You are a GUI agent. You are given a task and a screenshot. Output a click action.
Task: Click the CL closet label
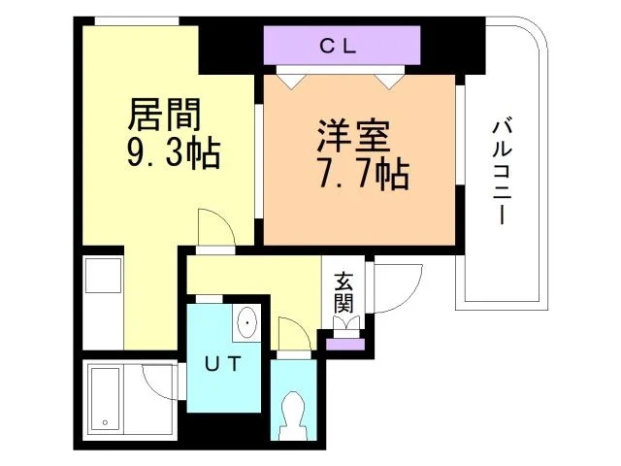coord(340,45)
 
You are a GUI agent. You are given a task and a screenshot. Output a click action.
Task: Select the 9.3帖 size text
coord(173,153)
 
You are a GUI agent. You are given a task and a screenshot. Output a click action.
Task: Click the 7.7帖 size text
coord(361,175)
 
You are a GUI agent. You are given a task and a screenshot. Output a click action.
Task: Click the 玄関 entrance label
coord(344,294)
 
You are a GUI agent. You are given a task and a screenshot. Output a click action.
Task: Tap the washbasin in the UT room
coord(246,322)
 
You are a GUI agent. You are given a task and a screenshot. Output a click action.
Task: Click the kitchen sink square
coord(102,280)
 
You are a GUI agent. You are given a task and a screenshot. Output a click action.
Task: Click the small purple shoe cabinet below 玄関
coord(344,342)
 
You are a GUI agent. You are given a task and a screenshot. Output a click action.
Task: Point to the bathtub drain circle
coord(104,423)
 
